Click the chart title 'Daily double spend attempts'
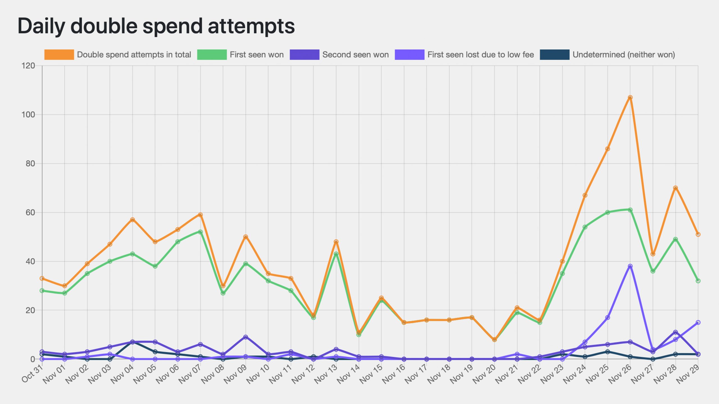tap(156, 26)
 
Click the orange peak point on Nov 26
tap(630, 97)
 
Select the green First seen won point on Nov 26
tap(630, 210)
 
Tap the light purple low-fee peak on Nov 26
tap(630, 266)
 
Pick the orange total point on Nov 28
tap(675, 188)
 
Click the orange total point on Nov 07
tap(200, 215)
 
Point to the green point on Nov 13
tap(336, 254)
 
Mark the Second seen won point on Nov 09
tap(245, 337)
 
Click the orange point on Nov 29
tap(698, 234)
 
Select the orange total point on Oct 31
tap(42, 278)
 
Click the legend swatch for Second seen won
tap(304, 54)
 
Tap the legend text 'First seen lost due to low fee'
tap(481, 54)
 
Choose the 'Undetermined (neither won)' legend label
tap(624, 54)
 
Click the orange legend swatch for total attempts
tap(59, 54)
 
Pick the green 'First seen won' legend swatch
tap(212, 54)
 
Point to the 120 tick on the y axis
tap(28, 66)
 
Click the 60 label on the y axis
tap(30, 212)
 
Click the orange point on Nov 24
tap(585, 195)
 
